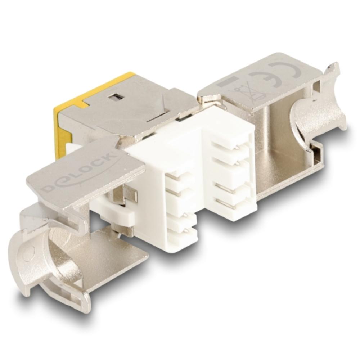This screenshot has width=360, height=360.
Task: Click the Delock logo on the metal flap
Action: click(x=79, y=170)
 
